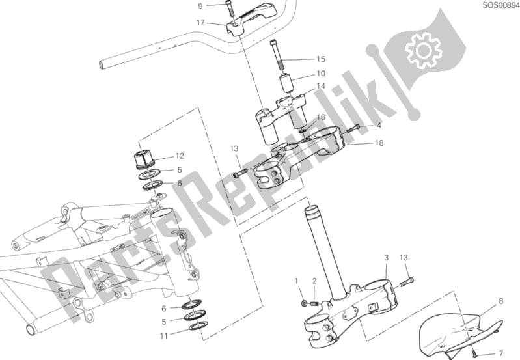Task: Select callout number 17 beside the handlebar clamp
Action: pyautogui.click(x=200, y=23)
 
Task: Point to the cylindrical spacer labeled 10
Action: pyautogui.click(x=287, y=85)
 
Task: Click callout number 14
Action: pyautogui.click(x=321, y=86)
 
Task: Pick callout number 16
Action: pyautogui.click(x=321, y=117)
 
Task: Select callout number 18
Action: pyautogui.click(x=379, y=143)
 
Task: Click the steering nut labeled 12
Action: pyautogui.click(x=144, y=159)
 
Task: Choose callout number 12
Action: pyautogui.click(x=180, y=156)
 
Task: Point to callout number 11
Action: pyautogui.click(x=164, y=336)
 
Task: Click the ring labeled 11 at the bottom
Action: pyautogui.click(x=198, y=325)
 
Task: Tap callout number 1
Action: pyautogui.click(x=297, y=281)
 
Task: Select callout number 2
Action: pyautogui.click(x=314, y=281)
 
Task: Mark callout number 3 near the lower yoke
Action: pyautogui.click(x=387, y=258)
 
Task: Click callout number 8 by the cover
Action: pyautogui.click(x=500, y=301)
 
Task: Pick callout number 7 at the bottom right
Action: pyautogui.click(x=500, y=353)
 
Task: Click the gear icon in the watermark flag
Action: pyautogui.click(x=424, y=50)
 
